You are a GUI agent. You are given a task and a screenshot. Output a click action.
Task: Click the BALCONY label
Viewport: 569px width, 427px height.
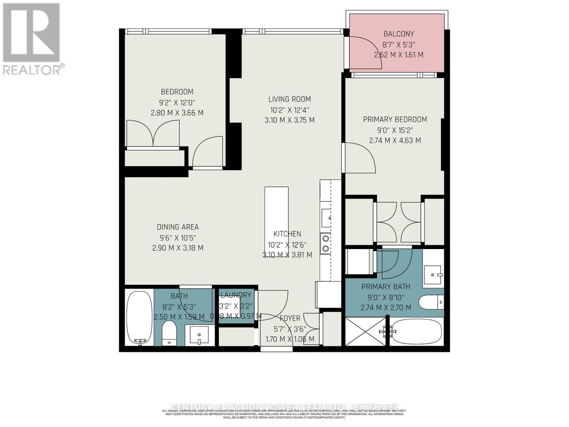(x=398, y=34)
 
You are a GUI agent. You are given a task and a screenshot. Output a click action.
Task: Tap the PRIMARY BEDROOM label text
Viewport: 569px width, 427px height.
(x=395, y=120)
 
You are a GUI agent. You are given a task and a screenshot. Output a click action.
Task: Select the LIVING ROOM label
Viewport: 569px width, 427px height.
(x=289, y=99)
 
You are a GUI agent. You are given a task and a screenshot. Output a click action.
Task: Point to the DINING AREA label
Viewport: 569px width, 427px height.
(x=178, y=227)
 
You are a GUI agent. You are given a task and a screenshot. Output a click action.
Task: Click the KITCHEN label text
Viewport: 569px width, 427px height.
(x=287, y=234)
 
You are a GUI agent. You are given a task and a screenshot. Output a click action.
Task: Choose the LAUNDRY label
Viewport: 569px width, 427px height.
(x=236, y=295)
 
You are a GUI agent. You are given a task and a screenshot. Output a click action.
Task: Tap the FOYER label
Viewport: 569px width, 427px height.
(x=290, y=318)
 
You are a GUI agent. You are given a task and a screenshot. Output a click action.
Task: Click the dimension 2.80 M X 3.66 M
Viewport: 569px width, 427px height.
(x=177, y=113)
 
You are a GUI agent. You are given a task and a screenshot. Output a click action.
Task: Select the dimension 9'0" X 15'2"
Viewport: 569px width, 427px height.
(x=395, y=130)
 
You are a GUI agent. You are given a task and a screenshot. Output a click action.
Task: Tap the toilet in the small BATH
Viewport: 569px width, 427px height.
(x=169, y=333)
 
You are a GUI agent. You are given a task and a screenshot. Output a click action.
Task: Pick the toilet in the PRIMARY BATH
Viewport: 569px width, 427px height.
(x=431, y=303)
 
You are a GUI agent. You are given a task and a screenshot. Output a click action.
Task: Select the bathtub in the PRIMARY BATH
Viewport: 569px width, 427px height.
(x=416, y=331)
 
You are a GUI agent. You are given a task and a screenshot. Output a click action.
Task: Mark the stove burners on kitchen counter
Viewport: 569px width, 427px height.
(x=325, y=244)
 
